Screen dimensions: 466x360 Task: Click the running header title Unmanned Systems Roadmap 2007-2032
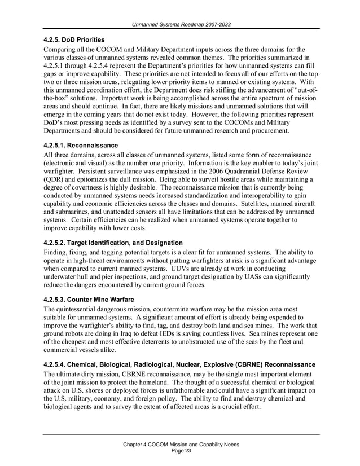[181, 24]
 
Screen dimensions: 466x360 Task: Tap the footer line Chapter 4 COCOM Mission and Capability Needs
[181, 445]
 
